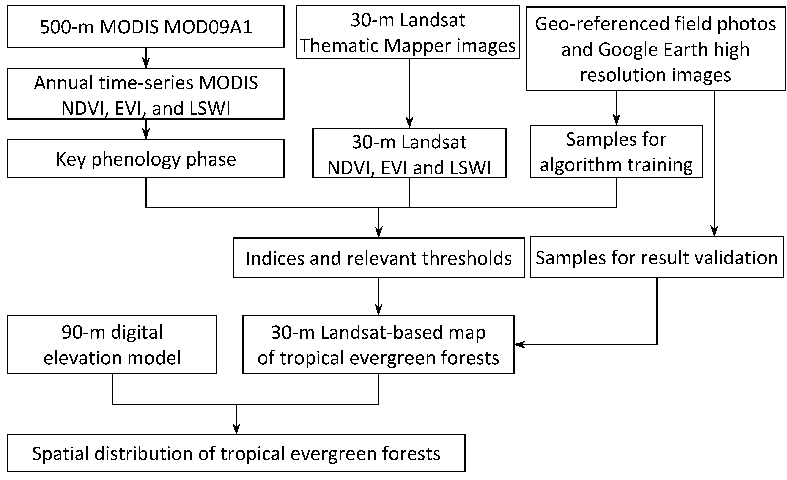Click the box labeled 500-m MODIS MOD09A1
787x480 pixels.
(146, 27)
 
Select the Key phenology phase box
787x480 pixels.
(146, 159)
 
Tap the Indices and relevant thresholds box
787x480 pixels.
(378, 258)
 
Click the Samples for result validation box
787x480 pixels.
(657, 257)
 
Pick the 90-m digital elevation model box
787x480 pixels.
(112, 345)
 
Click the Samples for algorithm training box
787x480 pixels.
(616, 151)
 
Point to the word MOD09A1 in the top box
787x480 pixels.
(208, 27)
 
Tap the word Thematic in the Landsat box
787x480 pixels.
(339, 46)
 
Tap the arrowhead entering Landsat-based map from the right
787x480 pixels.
(519, 345)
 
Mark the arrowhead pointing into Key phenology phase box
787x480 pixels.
(146, 135)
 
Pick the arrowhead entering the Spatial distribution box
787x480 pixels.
(236, 430)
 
